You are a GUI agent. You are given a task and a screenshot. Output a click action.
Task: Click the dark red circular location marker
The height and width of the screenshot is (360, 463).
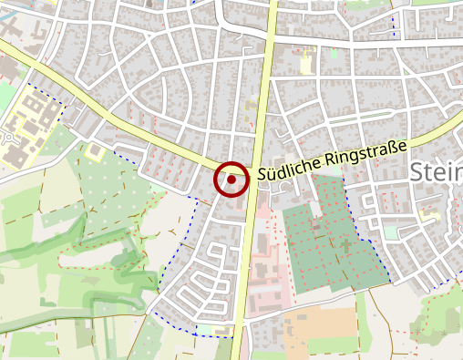click(231, 180)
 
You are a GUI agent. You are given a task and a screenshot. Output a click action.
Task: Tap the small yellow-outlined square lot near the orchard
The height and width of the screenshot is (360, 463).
click(95, 151)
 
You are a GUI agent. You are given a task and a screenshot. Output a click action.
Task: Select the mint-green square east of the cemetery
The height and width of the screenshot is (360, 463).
click(391, 232)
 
